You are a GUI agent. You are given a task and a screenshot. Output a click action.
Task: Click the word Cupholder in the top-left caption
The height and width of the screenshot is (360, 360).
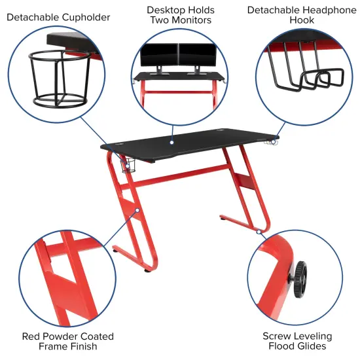click(84, 16)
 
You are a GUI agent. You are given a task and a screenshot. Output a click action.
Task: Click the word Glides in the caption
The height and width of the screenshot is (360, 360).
click(311, 346)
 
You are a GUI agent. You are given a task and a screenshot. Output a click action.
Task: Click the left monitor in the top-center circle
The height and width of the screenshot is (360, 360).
click(159, 54)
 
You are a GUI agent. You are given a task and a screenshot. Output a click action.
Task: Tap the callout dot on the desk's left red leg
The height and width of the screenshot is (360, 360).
click(137, 210)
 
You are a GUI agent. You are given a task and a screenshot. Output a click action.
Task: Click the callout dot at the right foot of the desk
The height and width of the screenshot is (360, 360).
click(259, 232)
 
